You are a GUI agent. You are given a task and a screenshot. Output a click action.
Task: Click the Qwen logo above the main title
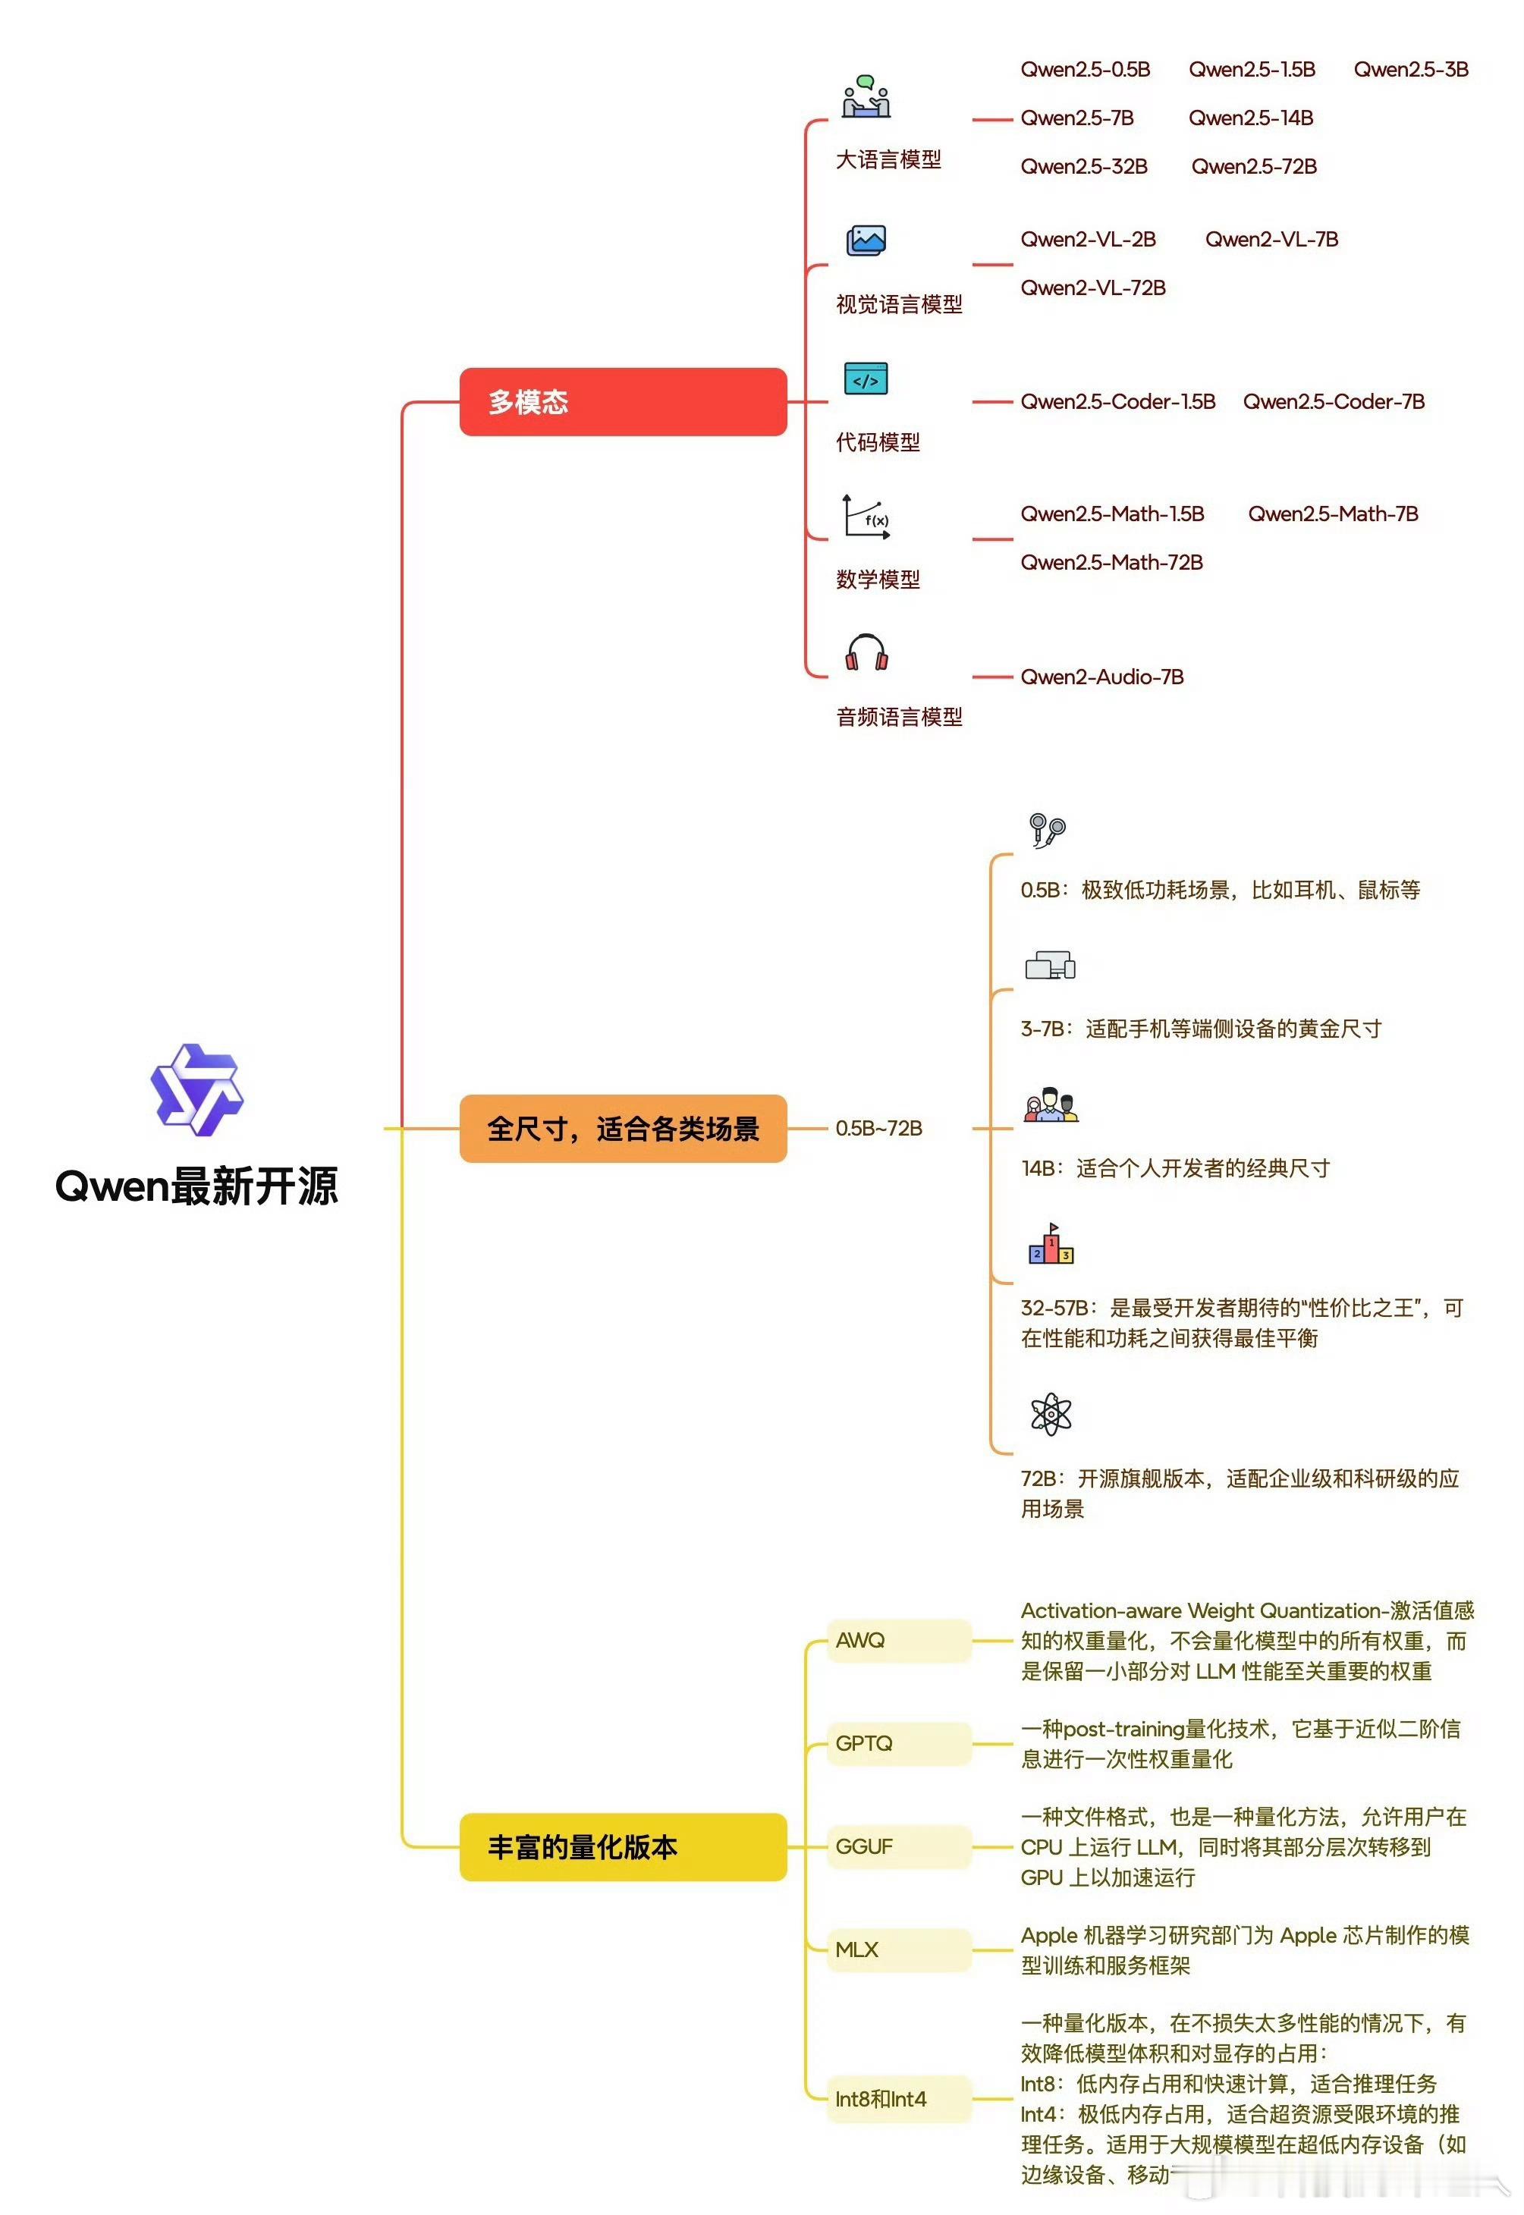click(x=196, y=1089)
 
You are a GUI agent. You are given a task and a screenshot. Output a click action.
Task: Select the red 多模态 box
click(x=623, y=402)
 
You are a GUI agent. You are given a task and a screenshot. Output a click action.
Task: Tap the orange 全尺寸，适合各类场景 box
click(x=623, y=1129)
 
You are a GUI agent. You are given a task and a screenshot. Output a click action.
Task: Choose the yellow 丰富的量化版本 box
click(x=623, y=1846)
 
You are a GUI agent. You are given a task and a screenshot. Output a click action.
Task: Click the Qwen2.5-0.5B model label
click(x=1085, y=70)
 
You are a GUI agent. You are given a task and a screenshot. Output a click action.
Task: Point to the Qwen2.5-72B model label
click(x=1254, y=167)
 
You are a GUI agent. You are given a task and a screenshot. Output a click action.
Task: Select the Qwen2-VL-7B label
click(x=1271, y=240)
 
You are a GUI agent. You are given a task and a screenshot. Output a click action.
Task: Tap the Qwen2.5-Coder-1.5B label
click(x=1117, y=402)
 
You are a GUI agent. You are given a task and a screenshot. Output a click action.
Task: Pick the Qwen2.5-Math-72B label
click(x=1111, y=562)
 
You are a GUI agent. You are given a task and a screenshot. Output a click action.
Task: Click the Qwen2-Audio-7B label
click(x=1102, y=677)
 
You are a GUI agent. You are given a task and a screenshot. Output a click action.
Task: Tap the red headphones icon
click(x=866, y=652)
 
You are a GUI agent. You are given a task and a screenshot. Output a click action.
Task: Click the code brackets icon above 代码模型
click(x=866, y=379)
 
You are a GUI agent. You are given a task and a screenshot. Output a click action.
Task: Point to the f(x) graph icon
click(x=866, y=517)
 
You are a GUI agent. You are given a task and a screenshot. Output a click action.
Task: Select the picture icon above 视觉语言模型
click(x=866, y=240)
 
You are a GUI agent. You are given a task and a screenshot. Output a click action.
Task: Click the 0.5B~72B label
click(x=878, y=1129)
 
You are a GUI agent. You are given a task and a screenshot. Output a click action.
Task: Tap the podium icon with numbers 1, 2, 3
click(x=1051, y=1244)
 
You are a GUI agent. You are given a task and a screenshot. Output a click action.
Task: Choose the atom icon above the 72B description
click(x=1051, y=1413)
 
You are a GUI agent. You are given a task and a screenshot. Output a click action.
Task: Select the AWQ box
click(x=897, y=1640)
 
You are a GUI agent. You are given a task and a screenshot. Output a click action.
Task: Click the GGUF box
click(x=897, y=1846)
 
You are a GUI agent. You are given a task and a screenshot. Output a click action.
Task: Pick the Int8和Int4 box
click(x=897, y=2098)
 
